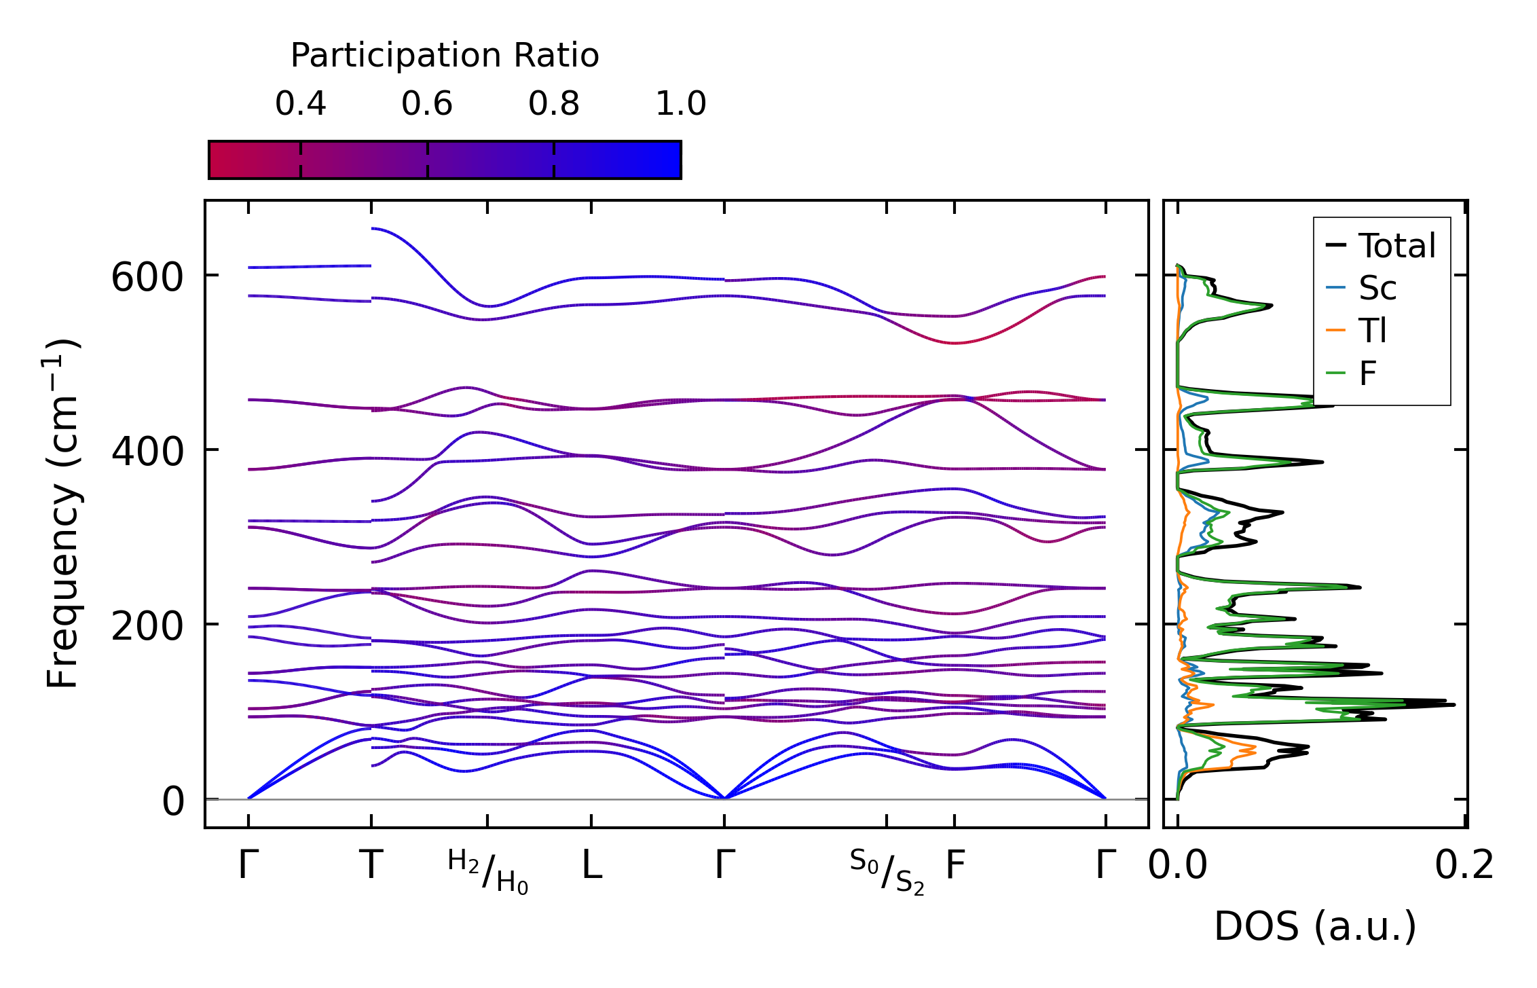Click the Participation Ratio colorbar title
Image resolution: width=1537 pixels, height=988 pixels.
445,56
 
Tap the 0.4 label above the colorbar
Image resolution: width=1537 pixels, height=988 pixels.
300,105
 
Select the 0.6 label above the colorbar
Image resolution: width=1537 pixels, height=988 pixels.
426,105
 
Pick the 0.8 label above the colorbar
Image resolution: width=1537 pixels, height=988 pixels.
553,105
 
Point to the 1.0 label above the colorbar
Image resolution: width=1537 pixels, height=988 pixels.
680,105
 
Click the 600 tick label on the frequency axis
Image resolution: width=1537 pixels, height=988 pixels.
147,278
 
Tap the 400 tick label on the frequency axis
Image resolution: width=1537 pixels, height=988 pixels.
147,452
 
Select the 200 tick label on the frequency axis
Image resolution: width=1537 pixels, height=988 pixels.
147,626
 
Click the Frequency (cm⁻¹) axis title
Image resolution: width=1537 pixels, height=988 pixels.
63,514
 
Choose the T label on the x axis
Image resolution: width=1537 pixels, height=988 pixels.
371,866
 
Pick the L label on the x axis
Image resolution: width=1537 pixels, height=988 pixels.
591,866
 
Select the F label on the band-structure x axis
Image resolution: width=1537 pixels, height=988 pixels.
955,866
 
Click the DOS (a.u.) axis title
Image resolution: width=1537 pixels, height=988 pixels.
1315,927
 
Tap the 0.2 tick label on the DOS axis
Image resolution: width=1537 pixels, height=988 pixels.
1464,866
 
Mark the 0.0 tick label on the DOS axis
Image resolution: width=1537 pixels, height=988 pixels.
1177,866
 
